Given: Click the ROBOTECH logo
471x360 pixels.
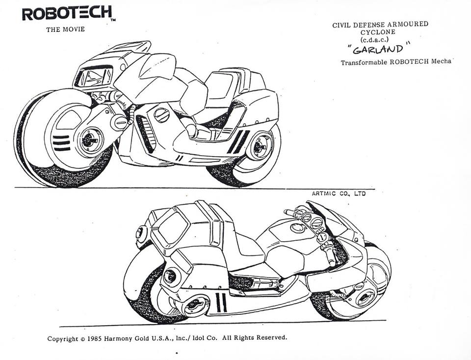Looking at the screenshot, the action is tap(67, 14).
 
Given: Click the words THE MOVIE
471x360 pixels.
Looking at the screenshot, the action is tap(65, 29).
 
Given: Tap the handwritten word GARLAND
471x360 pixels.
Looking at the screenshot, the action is tap(378, 49).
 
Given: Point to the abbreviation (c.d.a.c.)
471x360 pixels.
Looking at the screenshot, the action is tap(374, 39).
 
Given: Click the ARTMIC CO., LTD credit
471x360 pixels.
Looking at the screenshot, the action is tap(339, 194).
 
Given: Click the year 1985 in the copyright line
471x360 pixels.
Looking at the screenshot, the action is tap(95, 339).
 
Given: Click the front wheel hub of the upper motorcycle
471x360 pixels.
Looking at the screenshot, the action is tap(90, 140).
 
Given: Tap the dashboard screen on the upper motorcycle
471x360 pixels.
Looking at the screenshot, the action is tap(95, 77).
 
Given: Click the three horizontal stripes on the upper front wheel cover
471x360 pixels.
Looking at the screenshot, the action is tap(61, 143).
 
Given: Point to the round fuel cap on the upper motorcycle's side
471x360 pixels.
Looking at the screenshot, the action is tap(162, 115).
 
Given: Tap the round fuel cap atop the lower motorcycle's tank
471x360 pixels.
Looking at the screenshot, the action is tap(297, 228).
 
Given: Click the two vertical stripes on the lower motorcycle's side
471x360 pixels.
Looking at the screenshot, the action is tap(221, 302).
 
